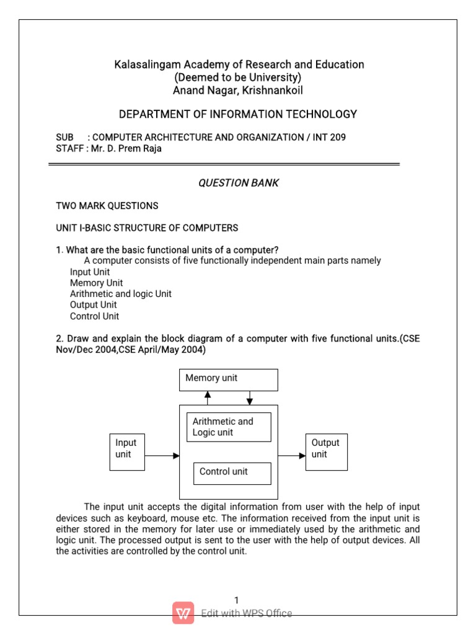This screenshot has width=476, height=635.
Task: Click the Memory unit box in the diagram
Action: pos(228,380)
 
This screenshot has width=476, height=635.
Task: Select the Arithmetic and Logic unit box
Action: pos(229,427)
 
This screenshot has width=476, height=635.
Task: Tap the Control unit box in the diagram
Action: pos(232,473)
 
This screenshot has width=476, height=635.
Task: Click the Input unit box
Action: pos(127,451)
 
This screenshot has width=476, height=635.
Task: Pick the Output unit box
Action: pos(327,451)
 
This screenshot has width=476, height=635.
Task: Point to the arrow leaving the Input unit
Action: pos(162,456)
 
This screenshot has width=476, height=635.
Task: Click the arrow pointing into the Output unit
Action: pos(292,456)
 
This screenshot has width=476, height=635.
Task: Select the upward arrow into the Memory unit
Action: pos(208,397)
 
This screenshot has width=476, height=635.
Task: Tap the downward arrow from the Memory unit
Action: pos(249,397)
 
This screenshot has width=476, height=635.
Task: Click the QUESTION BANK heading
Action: pos(238,183)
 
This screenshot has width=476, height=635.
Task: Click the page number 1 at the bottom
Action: pos(236,600)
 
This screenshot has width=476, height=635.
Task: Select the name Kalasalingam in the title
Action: pos(141,64)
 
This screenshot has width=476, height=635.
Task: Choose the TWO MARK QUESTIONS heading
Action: pos(107,205)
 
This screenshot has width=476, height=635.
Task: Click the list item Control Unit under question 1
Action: pos(94,316)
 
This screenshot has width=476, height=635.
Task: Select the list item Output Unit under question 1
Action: pos(93,305)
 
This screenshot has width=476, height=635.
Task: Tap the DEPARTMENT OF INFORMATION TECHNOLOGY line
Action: pos(238,114)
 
